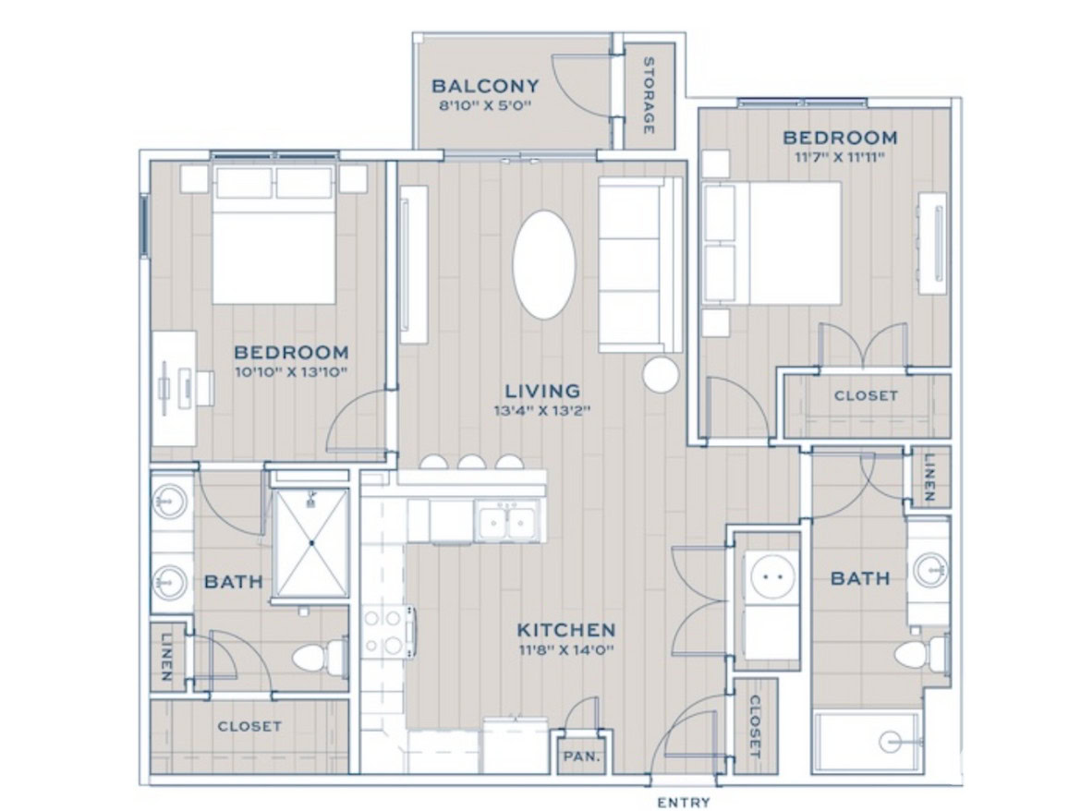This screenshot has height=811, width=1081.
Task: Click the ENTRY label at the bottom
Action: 683,802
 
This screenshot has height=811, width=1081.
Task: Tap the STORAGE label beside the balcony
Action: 648,96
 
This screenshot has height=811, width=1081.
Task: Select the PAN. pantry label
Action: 582,756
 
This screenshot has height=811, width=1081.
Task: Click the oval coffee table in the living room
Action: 544,264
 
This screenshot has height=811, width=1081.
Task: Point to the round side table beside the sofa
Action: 661,375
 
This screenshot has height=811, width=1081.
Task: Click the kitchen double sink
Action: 506,520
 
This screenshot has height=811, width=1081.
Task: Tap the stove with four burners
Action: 388,631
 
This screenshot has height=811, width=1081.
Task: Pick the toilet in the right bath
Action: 922,653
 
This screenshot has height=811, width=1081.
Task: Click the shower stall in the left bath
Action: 311,543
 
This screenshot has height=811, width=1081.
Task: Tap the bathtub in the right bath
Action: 866,742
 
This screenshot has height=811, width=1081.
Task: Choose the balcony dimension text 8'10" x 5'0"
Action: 485,106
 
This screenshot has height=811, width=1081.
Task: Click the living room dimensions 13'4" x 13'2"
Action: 543,412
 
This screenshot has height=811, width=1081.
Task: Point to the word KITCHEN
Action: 566,630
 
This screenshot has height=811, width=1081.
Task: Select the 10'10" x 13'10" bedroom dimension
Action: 290,373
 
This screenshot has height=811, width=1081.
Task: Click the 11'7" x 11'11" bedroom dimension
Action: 839,157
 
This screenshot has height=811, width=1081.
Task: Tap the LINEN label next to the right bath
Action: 929,478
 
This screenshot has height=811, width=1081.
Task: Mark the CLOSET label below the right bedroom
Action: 866,395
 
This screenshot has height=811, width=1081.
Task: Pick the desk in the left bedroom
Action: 174,389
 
